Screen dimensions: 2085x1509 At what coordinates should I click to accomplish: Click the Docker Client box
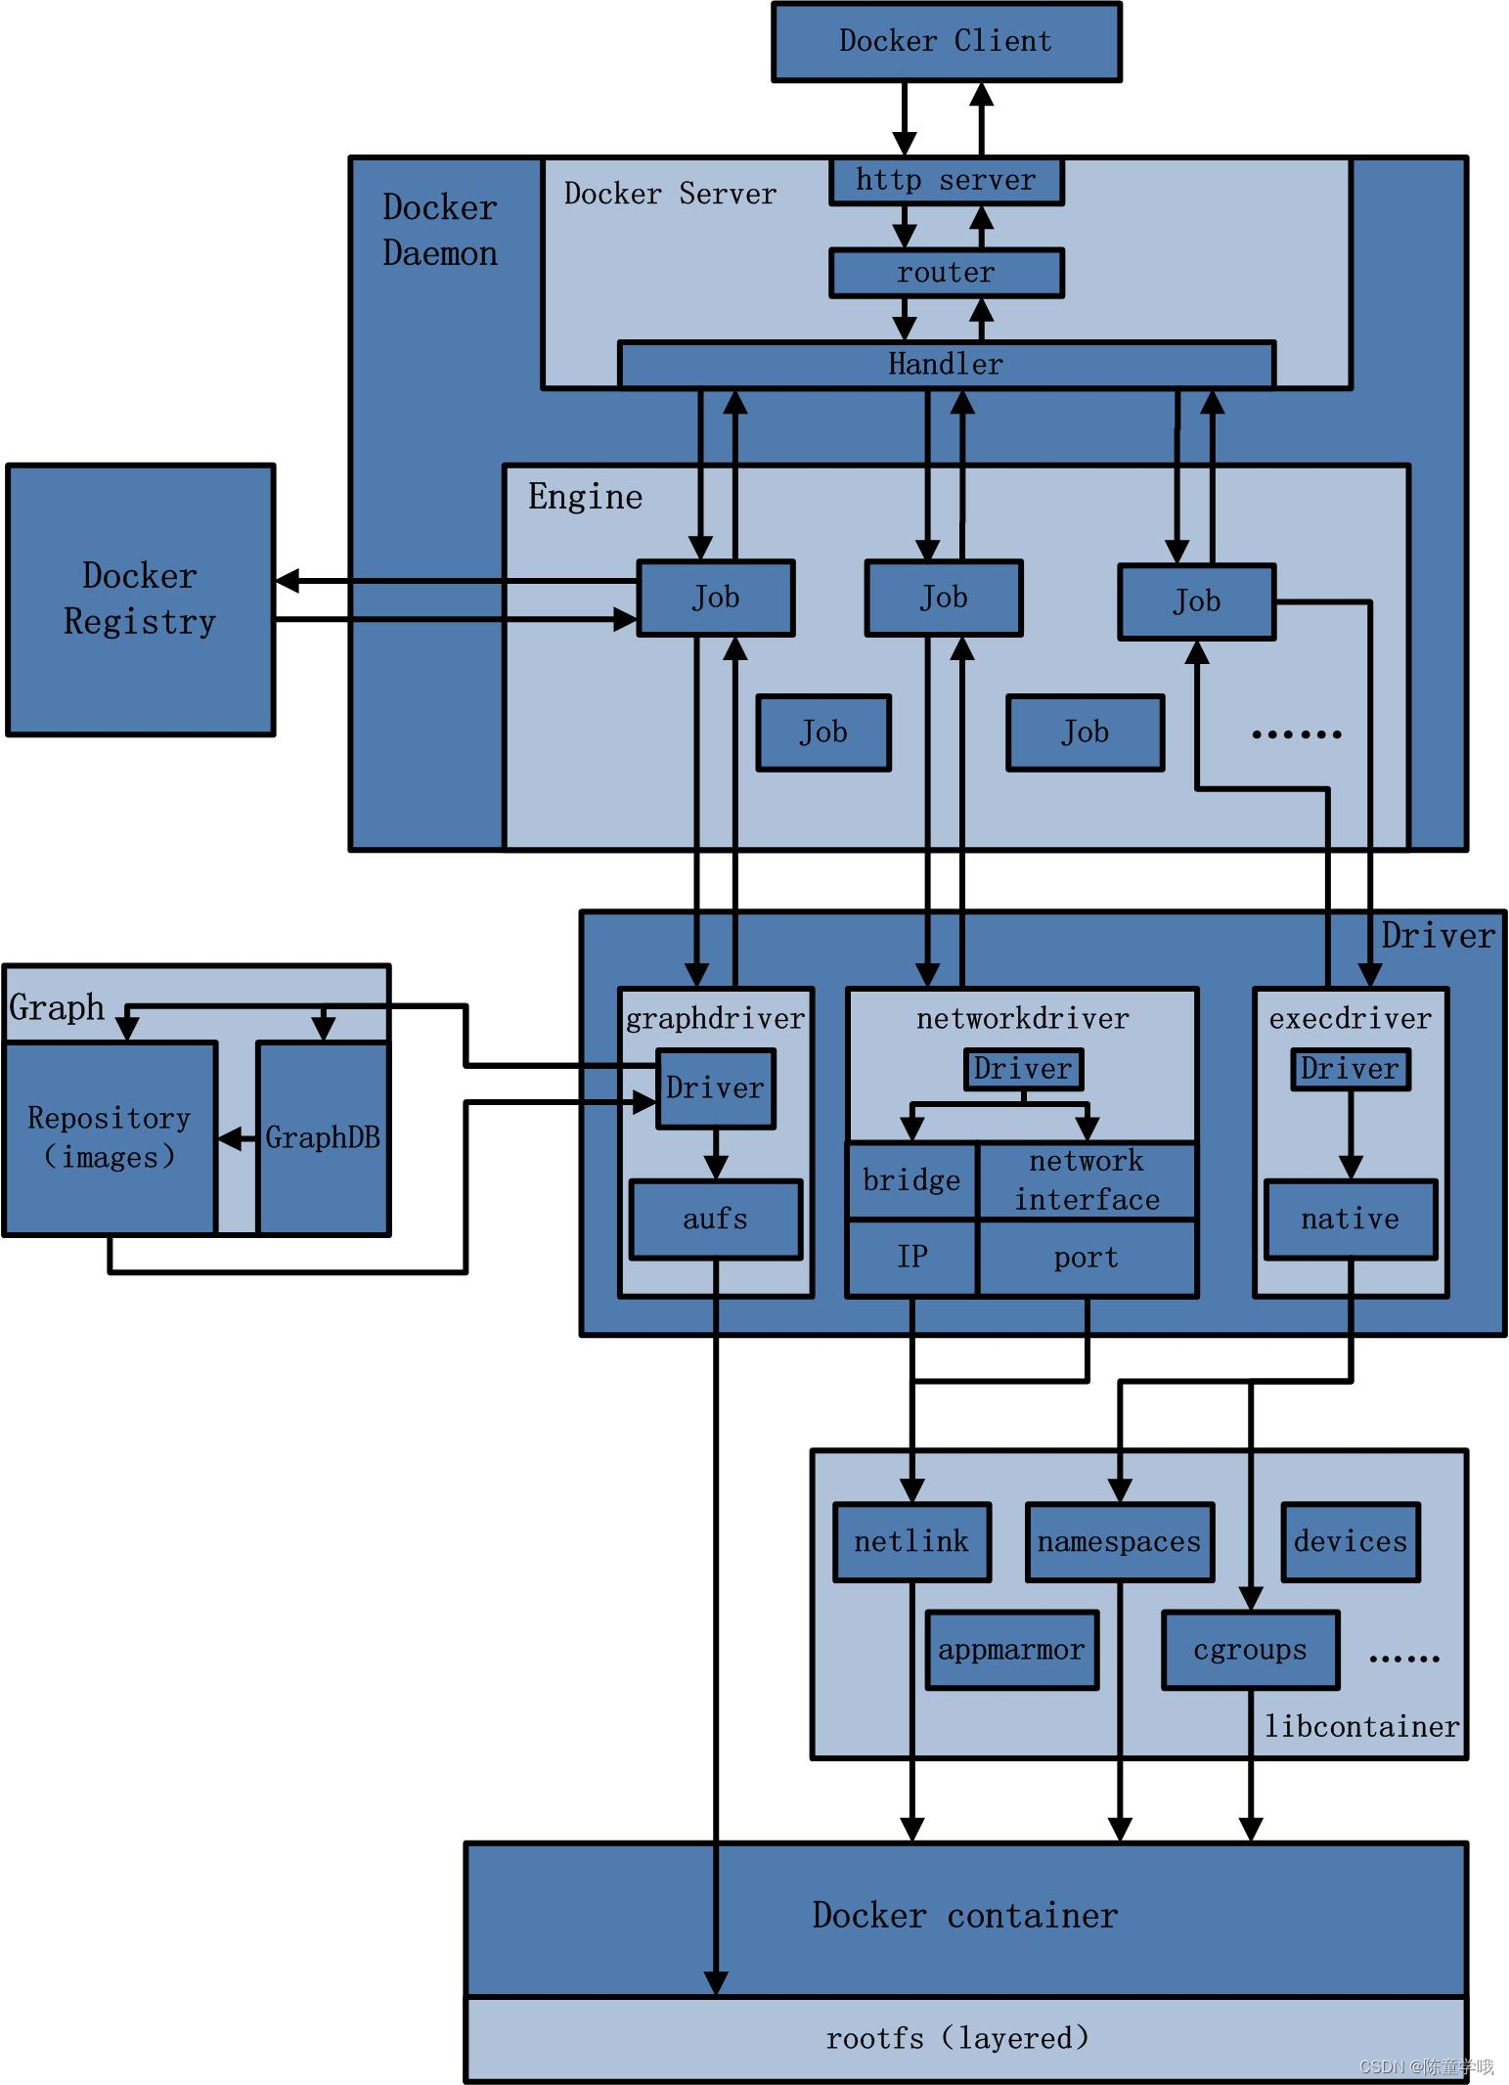[946, 41]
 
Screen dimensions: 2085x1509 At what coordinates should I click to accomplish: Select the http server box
[946, 181]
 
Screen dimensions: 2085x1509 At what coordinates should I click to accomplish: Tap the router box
[946, 273]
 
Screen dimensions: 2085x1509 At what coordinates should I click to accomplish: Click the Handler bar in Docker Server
[946, 364]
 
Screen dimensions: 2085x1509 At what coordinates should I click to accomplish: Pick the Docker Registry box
[140, 599]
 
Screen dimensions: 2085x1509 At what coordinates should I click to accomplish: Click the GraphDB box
[323, 1137]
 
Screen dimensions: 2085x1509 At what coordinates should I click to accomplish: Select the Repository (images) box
[110, 1137]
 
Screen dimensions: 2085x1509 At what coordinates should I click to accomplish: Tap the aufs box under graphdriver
[715, 1219]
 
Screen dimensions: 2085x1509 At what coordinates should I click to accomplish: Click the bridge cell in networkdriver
[911, 1180]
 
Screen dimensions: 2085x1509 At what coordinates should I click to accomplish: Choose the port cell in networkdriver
[1086, 1258]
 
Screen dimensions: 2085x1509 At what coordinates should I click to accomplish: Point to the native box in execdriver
[1350, 1219]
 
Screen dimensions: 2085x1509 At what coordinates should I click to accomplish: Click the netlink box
[911, 1542]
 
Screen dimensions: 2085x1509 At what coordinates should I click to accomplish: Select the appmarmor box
[1011, 1650]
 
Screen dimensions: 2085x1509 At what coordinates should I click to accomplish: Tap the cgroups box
[1250, 1650]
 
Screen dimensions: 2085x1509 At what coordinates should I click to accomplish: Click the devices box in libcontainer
[1350, 1542]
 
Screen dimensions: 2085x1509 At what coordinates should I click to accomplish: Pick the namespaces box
[1119, 1542]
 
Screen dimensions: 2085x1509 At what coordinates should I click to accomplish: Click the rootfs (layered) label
[956, 2038]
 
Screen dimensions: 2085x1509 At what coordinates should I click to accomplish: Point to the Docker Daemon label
[440, 231]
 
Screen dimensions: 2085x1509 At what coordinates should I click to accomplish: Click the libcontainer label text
[1361, 1727]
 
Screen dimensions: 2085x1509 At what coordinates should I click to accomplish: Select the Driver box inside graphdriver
[715, 1088]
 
